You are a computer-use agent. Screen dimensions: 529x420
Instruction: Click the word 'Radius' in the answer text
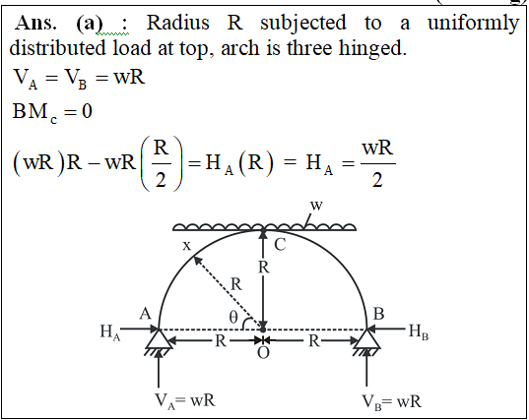point(177,23)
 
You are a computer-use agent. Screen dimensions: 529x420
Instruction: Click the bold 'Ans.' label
point(35,23)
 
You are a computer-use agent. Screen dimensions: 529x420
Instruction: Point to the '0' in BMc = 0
point(87,111)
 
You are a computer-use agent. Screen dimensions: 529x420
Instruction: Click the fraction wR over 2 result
point(377,163)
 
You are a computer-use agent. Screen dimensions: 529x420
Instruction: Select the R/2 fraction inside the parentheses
point(161,163)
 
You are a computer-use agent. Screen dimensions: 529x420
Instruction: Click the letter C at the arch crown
point(280,245)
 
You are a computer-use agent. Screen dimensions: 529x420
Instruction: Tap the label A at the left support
point(145,314)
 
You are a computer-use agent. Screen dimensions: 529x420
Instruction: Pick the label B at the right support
point(378,314)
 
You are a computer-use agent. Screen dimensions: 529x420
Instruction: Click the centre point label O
point(263,353)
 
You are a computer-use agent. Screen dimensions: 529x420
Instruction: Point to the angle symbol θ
point(233,317)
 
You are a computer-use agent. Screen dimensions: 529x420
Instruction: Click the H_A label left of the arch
point(110,331)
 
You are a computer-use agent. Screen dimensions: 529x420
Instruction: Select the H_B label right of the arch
point(419,331)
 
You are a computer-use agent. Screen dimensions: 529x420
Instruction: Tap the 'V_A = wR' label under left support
point(185,400)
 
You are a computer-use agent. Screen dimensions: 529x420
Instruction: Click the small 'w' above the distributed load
point(316,205)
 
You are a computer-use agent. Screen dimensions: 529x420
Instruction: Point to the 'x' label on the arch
point(186,246)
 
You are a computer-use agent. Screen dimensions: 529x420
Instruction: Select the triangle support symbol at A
point(159,338)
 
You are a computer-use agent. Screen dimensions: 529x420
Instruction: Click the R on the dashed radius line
point(236,284)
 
